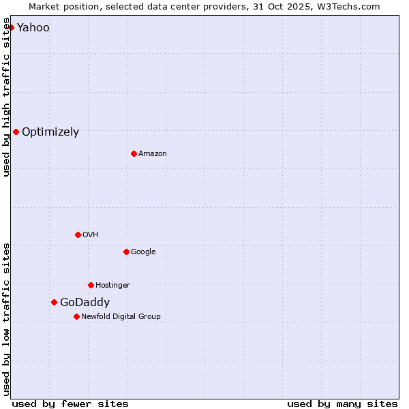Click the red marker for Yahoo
point(11,27)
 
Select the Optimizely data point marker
point(16,132)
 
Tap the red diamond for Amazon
point(134,153)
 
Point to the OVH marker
point(78,234)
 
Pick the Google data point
point(126,252)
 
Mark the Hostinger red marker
point(91,285)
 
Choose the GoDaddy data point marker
point(54,302)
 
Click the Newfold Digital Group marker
point(76,316)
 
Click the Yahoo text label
point(33,28)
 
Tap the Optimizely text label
point(50,132)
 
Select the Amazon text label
point(153,154)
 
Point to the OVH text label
point(91,235)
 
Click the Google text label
point(143,252)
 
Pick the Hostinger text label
point(112,286)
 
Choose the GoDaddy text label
point(85,303)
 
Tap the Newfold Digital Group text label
point(121,317)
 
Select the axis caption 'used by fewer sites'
point(70,404)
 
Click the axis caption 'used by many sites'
point(342,404)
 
